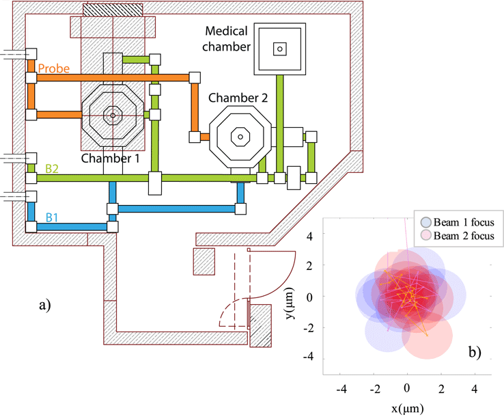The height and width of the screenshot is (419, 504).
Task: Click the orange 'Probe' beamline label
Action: click(x=52, y=68)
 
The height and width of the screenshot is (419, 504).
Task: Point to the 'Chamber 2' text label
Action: click(x=238, y=98)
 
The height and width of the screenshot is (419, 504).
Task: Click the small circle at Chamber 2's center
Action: click(x=240, y=135)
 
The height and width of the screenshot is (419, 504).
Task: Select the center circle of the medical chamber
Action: click(x=279, y=49)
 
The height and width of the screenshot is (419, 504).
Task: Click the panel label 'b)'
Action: click(x=475, y=353)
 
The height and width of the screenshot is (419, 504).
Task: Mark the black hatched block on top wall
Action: click(x=113, y=9)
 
